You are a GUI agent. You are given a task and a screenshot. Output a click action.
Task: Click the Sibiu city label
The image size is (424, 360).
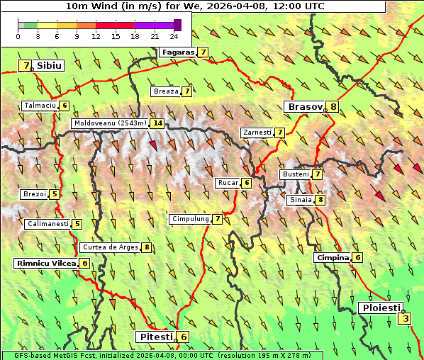click(x=49, y=65)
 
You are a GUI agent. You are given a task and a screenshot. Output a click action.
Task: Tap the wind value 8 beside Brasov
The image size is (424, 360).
click(x=333, y=107)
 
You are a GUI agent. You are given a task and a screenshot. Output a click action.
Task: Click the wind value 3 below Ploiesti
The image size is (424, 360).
click(x=405, y=319)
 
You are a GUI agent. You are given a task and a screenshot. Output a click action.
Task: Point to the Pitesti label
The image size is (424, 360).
click(x=155, y=337)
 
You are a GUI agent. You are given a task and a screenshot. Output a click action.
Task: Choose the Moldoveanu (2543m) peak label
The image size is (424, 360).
click(x=110, y=123)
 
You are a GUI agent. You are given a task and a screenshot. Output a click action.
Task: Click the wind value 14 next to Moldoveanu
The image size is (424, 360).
click(x=157, y=123)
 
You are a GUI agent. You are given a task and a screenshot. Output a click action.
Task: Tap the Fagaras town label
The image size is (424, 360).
click(x=177, y=52)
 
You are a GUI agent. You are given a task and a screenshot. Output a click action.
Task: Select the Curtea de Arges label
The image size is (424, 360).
click(x=109, y=247)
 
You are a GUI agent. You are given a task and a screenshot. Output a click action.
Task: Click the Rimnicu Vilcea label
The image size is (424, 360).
click(x=45, y=263)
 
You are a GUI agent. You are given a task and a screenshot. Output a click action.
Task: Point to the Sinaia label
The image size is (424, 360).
click(x=300, y=200)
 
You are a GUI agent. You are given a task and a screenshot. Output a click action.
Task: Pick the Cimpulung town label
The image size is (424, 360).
click(x=189, y=219)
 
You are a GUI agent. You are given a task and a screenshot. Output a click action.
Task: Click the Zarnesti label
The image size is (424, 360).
click(x=257, y=133)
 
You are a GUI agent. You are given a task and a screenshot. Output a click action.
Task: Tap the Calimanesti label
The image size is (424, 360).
click(x=48, y=224)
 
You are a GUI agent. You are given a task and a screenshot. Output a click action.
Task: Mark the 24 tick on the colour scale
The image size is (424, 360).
click(x=173, y=35)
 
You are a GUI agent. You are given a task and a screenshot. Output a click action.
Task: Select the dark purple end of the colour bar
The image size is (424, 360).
click(x=177, y=25)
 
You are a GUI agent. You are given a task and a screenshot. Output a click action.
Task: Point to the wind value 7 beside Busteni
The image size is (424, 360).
click(x=318, y=174)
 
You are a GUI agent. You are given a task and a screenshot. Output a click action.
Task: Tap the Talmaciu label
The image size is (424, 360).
click(x=40, y=106)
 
